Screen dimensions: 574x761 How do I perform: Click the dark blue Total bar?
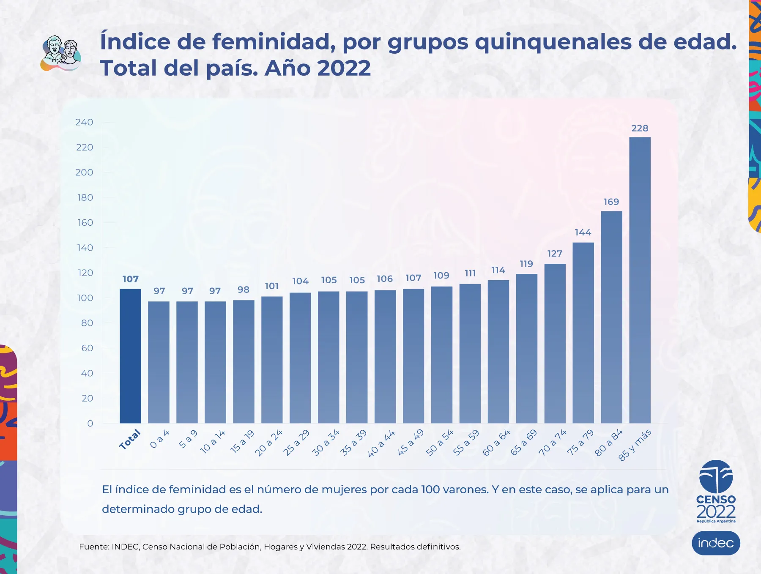130,356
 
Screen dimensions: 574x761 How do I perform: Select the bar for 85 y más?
640,280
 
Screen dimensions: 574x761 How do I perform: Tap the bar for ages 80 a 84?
611,317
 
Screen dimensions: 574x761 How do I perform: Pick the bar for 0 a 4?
159,362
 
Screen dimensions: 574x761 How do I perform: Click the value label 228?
640,128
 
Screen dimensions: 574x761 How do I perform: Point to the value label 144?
583,232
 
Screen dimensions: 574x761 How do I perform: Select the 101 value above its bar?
272,286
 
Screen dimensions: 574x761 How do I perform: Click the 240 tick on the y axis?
84,123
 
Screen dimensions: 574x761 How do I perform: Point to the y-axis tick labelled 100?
85,298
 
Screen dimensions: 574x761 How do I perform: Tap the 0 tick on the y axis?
90,424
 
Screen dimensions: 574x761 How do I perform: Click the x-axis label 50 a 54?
440,443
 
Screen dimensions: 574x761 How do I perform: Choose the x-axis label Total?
130,440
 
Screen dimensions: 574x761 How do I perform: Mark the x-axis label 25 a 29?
296,443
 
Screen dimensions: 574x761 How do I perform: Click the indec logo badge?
716,543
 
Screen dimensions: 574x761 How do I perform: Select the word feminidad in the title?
271,42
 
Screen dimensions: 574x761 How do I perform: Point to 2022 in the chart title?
343,68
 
